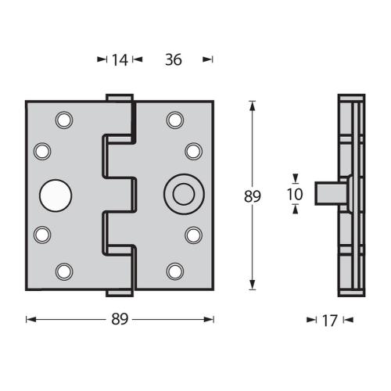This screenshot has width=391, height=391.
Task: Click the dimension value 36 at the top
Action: [174, 59]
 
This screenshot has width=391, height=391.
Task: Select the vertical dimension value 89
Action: [252, 196]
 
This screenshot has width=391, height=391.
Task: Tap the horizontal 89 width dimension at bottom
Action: [120, 319]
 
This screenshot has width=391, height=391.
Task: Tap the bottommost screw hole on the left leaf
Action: [63, 271]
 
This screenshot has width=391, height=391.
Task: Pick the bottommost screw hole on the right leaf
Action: [174, 271]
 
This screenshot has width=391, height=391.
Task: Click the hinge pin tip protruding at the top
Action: [117, 97]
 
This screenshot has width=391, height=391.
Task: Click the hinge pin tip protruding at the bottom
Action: [117, 292]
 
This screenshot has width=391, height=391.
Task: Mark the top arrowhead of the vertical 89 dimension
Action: [252, 103]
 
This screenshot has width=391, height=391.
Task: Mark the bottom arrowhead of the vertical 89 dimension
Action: [252, 286]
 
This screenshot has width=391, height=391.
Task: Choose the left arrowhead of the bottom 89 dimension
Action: [29, 319]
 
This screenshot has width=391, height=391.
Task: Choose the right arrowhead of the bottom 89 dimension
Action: [211, 319]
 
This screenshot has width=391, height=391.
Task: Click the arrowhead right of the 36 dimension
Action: [207, 59]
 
